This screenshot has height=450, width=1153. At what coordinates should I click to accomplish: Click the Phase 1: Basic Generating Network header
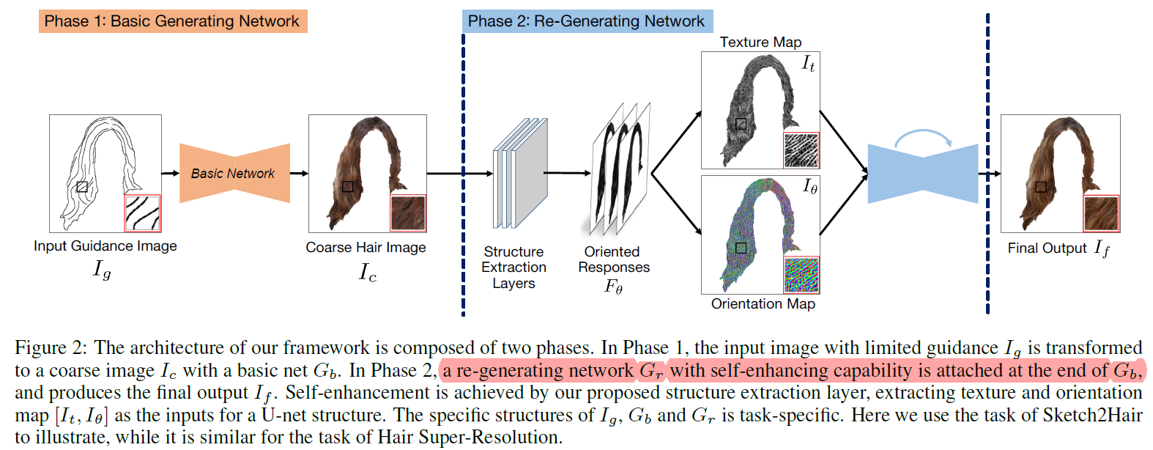172,21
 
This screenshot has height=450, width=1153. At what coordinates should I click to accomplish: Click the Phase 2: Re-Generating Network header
586,21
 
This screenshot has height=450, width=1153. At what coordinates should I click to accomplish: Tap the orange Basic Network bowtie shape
234,174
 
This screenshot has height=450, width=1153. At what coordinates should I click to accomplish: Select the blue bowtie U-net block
922,174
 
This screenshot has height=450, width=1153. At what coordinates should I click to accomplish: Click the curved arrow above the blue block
922,137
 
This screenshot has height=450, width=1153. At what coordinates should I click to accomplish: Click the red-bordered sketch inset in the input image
142,213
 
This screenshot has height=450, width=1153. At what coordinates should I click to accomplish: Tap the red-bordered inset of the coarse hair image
408,213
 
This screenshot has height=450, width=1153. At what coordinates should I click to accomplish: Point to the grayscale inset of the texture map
801,150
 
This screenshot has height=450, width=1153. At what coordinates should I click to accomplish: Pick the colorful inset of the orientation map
801,275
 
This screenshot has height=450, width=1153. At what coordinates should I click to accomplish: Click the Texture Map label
760,43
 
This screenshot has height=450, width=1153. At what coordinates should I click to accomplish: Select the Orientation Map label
763,304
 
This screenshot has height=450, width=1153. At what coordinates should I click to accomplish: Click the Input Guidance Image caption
105,246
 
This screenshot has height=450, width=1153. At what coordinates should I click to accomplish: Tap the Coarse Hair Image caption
366,248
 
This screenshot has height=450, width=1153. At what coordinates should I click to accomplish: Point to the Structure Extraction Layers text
514,268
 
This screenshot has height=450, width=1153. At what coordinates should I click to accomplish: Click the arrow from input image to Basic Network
170,173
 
